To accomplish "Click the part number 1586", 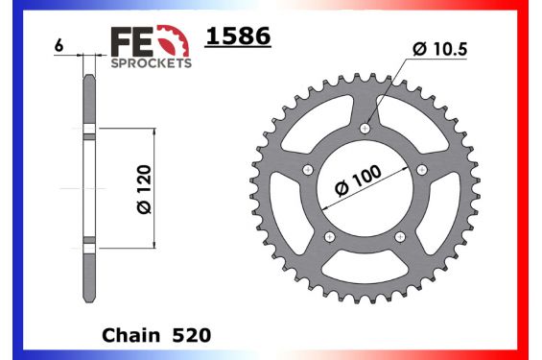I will (239, 37).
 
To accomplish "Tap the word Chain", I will (129, 336).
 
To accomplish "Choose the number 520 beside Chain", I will (190, 336).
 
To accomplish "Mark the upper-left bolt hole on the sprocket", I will (307, 170).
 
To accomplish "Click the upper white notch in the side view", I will (89, 132).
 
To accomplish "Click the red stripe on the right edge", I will (535, 180).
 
